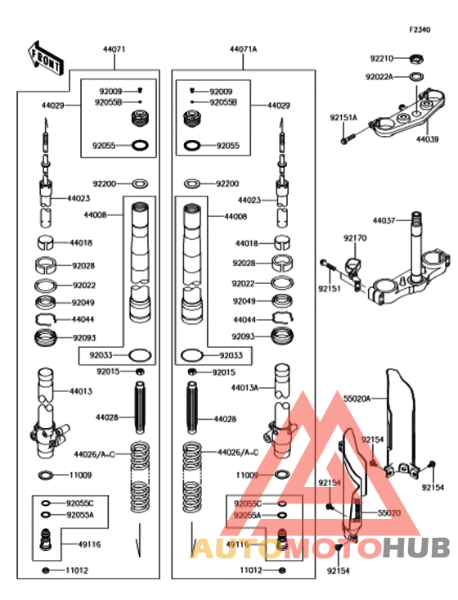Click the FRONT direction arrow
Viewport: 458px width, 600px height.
point(46,59)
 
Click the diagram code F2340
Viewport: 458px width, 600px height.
point(420,29)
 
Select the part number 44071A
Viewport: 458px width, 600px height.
point(243,49)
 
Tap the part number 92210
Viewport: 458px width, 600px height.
point(382,59)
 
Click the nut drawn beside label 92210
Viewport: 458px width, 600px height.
point(416,59)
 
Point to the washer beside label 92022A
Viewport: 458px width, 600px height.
point(417,76)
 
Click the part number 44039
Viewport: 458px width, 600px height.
point(428,139)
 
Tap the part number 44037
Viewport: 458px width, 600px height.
point(384,220)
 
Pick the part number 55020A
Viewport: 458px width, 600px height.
point(357,399)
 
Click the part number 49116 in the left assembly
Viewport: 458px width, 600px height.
point(89,544)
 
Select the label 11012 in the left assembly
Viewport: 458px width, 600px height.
point(77,571)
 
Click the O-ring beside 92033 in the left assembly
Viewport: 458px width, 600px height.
point(140,355)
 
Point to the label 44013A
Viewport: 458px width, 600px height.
point(245,388)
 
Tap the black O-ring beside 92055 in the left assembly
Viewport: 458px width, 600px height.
point(140,146)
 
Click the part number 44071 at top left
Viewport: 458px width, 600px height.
point(114,49)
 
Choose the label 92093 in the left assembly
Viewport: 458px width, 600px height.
point(84,338)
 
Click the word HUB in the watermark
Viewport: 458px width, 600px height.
point(416,548)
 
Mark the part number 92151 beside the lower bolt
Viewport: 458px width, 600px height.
point(330,288)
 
